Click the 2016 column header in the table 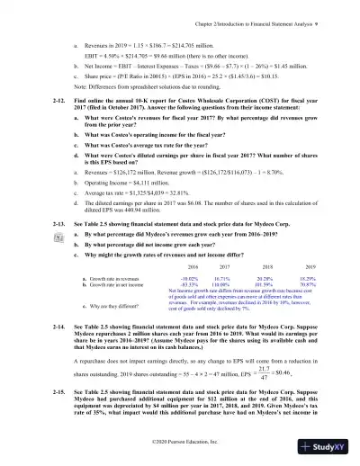point(193,267)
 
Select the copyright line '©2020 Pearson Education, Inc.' point(180,443)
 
